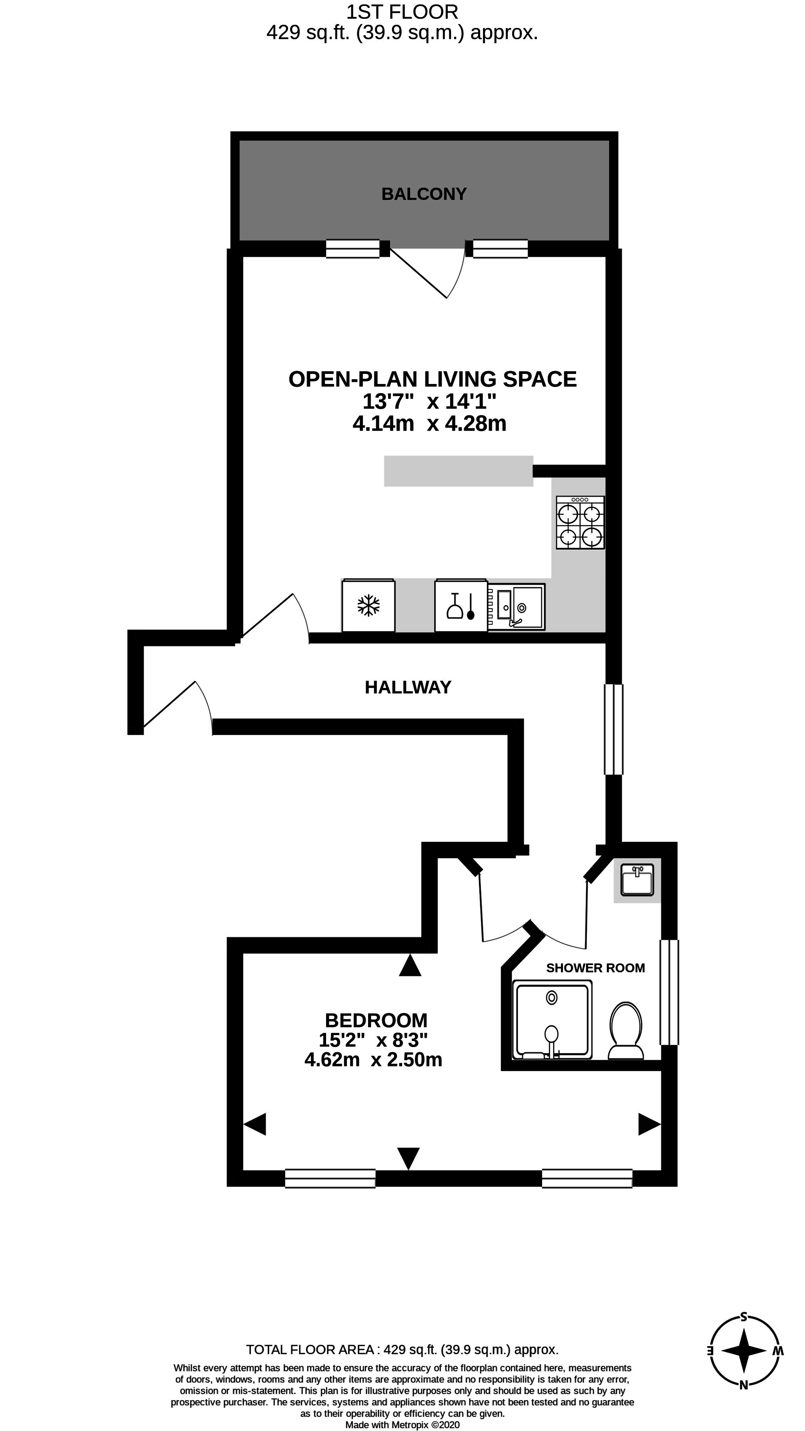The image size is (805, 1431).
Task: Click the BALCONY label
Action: coord(424,194)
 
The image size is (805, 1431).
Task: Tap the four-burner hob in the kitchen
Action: coord(581,523)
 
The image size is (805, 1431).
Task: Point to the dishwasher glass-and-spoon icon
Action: coord(461,606)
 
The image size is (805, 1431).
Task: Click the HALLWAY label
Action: coord(408,688)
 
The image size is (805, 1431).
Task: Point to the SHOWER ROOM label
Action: coord(596,968)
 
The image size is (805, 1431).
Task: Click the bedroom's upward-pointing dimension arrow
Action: coord(411,965)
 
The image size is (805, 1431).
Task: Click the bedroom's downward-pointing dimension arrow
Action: coord(409,1159)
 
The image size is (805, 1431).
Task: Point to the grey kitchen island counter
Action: coord(459,471)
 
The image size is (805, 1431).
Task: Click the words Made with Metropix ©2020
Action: coord(403,1425)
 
